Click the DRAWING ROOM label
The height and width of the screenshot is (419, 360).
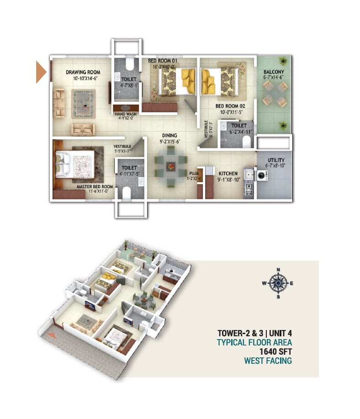[x=83, y=72]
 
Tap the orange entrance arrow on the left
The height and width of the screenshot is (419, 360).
[x=41, y=73]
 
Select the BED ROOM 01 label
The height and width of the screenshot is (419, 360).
[x=162, y=61]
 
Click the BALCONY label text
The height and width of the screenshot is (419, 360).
[x=274, y=72]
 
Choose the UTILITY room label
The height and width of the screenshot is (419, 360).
[x=275, y=160]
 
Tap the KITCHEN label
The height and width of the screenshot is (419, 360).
[x=228, y=174]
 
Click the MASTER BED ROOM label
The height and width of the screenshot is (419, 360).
[x=95, y=187]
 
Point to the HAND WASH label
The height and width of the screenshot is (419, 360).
[x=125, y=115]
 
